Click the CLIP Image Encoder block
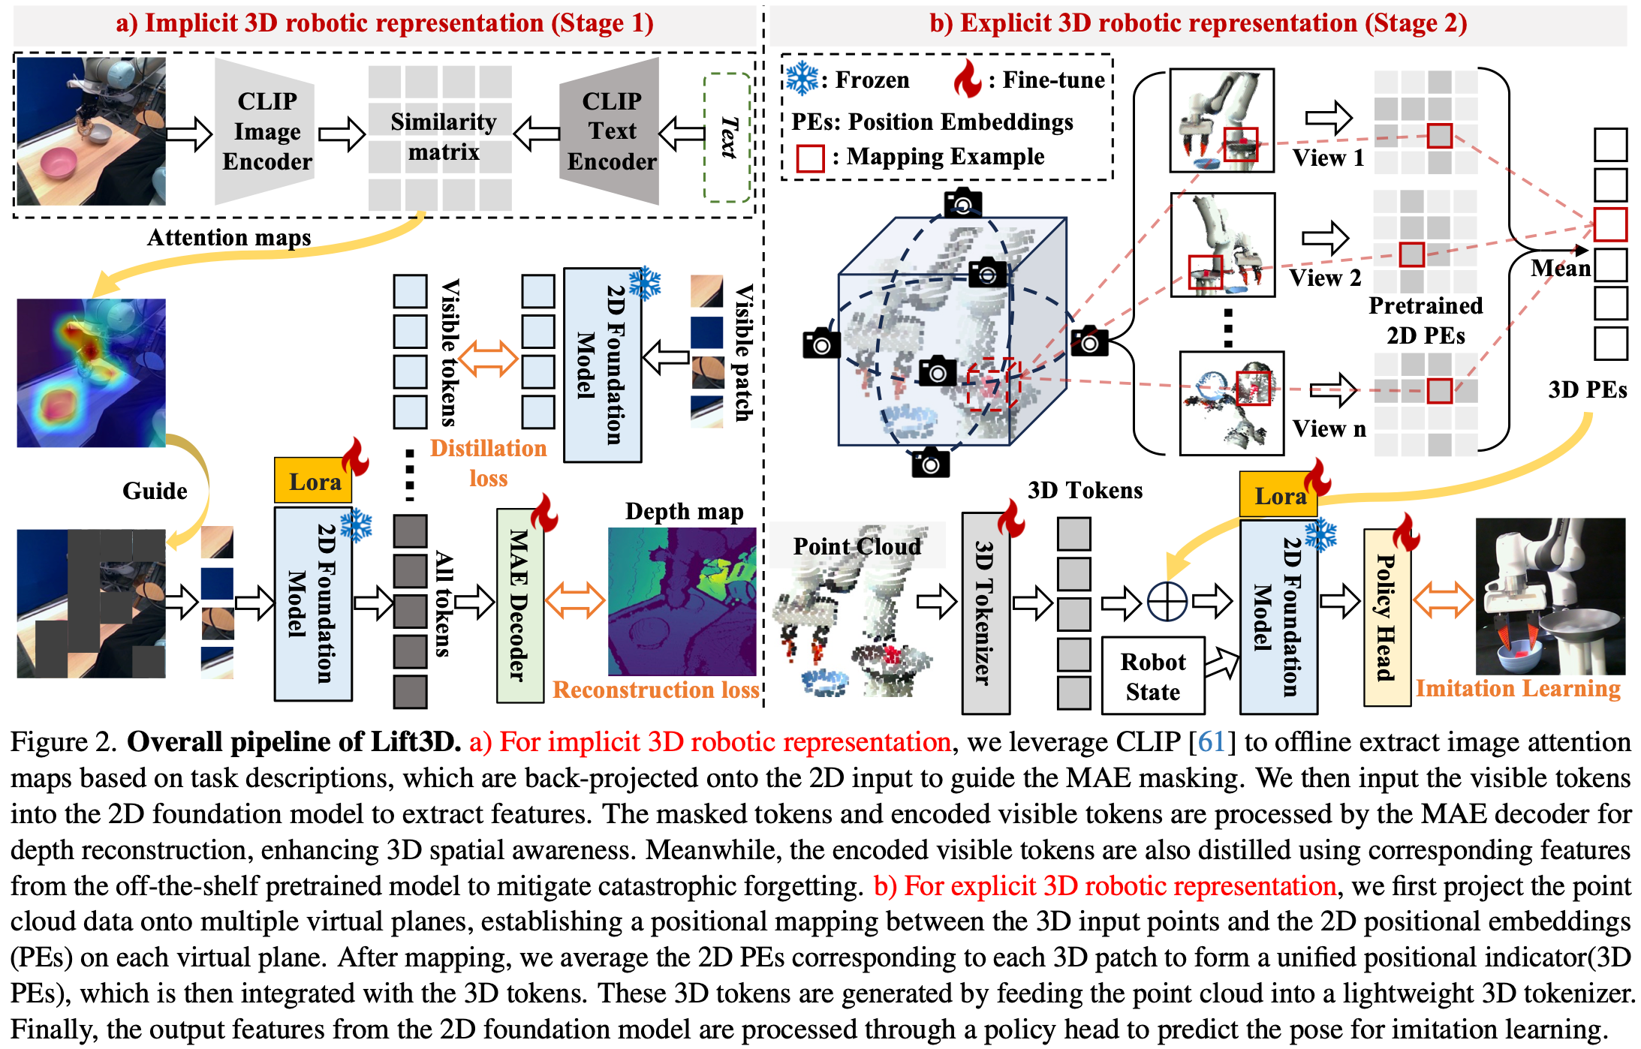[x=266, y=131]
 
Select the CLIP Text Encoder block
[x=611, y=131]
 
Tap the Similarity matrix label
[x=443, y=137]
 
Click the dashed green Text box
[x=727, y=137]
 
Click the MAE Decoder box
[x=519, y=605]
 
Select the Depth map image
[x=682, y=601]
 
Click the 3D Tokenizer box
[x=985, y=612]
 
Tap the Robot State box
[x=1152, y=676]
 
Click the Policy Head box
[x=1386, y=617]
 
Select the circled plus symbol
[x=1167, y=601]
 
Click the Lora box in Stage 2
[x=1278, y=496]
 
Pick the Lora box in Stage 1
[x=313, y=481]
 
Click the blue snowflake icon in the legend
[x=802, y=78]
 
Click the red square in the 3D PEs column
[x=1609, y=224]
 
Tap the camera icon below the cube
[x=930, y=463]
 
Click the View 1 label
[x=1327, y=158]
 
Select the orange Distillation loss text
[x=488, y=462]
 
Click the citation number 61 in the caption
[x=1211, y=741]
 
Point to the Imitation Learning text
[x=1517, y=688]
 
